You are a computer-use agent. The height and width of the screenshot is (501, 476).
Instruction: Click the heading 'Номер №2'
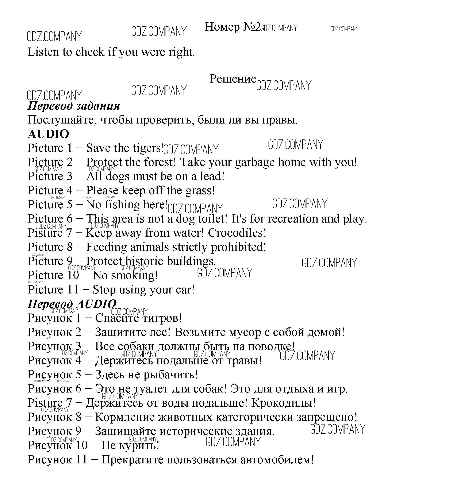coord(233,27)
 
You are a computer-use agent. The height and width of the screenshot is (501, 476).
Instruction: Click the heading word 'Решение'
coord(233,79)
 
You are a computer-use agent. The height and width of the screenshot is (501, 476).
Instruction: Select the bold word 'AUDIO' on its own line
coord(48,134)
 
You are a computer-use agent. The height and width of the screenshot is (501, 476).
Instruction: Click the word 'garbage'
coord(254,163)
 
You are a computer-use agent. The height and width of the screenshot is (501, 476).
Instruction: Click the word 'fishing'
coord(122,205)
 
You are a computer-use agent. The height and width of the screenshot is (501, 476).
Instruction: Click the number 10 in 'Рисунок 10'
coord(82,445)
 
